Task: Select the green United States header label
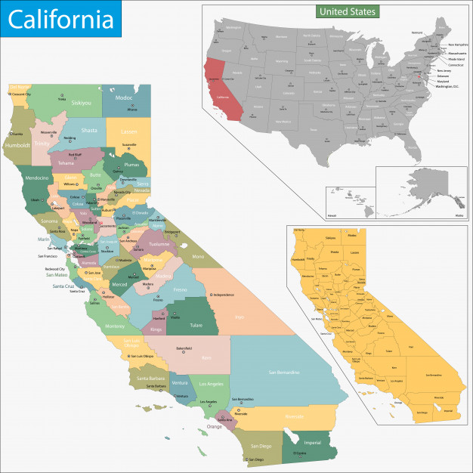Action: click(348, 12)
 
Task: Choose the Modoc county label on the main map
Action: click(123, 98)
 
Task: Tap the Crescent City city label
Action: click(20, 94)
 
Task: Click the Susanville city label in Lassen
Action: click(129, 144)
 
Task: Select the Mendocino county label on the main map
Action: click(37, 178)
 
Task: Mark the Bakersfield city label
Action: click(184, 348)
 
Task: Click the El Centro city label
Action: click(300, 453)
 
